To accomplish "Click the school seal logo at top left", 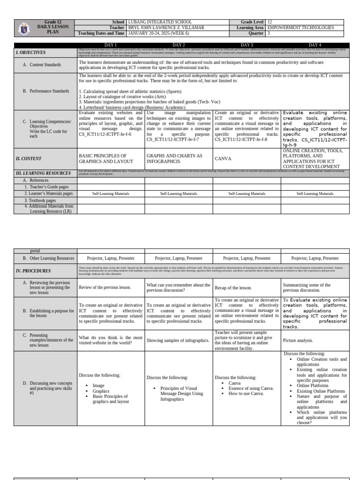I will [24, 28].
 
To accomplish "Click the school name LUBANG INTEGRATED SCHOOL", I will [160, 22].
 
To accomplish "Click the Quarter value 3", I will [268, 33].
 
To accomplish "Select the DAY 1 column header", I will [111, 45].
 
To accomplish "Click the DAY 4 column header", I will [315, 45].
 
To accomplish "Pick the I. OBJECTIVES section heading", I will [31, 52].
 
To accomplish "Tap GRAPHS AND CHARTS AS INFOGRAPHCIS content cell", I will [174, 159].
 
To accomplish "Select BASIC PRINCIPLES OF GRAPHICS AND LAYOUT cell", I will [103, 159].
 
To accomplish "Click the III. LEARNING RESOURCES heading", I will [43, 173].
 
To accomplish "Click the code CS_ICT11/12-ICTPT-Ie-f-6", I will [105, 134].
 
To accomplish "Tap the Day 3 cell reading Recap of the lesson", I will [233, 287].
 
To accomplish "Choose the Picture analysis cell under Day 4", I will [298, 341].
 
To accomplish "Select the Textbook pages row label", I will [40, 200].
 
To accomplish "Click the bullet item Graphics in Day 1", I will [101, 391].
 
